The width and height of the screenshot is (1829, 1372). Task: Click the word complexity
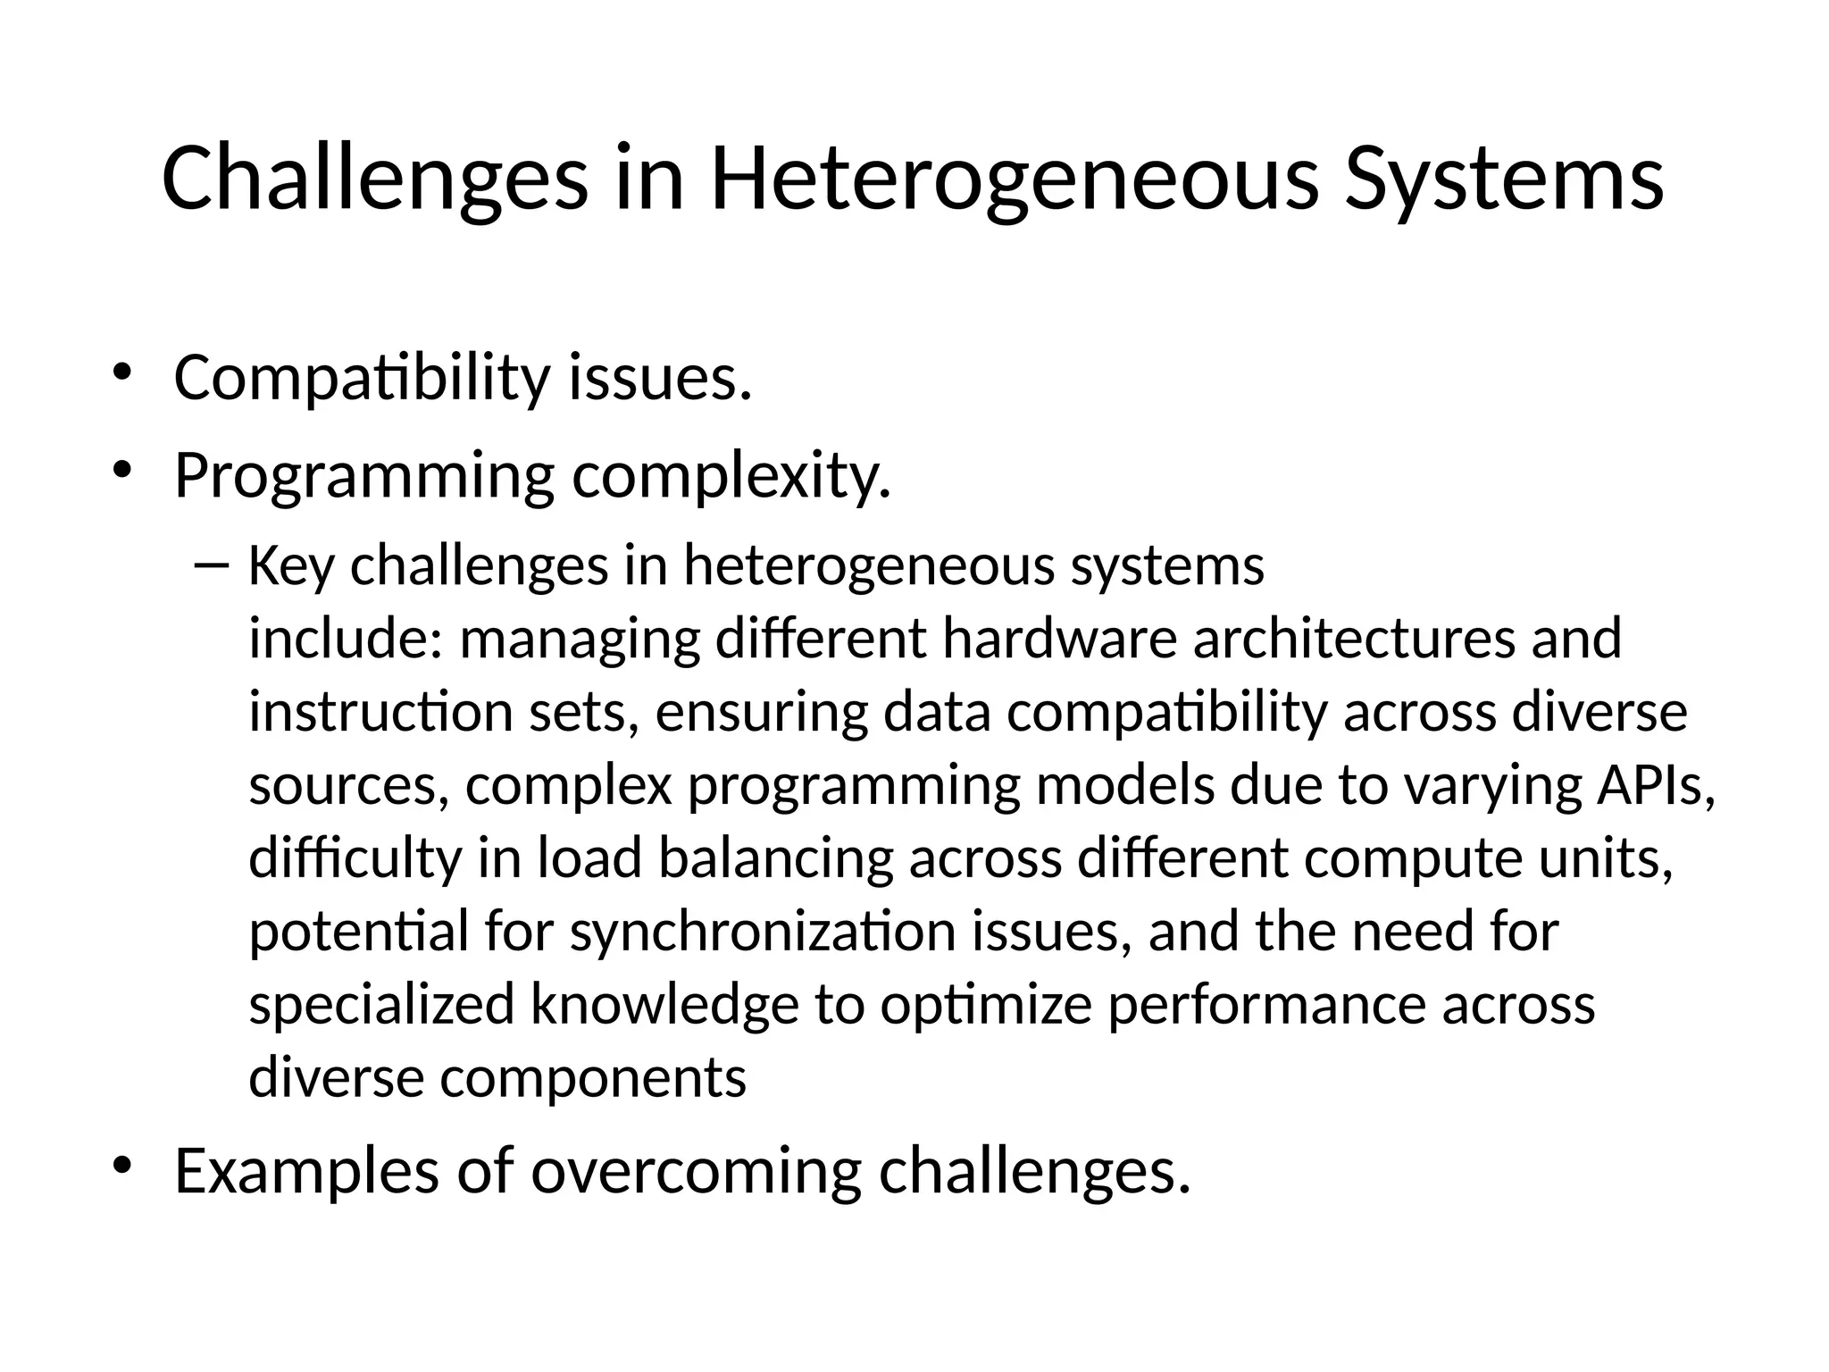[731, 478]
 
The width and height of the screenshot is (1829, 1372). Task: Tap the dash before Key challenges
[211, 565]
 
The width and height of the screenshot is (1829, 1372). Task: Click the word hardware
[1059, 640]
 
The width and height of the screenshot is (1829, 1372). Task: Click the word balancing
[775, 859]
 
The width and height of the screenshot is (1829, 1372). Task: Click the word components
[593, 1078]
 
